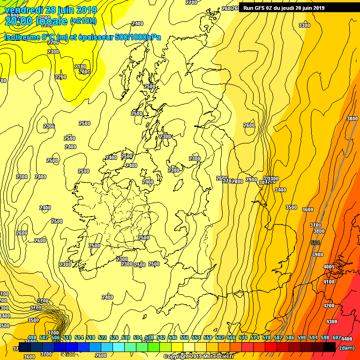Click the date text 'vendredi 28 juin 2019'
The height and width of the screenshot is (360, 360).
51,10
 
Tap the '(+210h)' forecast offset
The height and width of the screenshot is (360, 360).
83,21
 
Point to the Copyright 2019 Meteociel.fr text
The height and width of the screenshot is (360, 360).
198,356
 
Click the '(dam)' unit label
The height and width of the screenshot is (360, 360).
347,347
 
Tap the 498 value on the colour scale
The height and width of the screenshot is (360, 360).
32,337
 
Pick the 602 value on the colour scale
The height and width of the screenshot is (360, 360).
337,337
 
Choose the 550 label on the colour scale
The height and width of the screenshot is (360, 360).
184,337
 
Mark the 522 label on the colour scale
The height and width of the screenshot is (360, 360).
103,337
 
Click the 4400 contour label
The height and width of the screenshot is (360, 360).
346,339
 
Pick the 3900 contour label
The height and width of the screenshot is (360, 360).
318,255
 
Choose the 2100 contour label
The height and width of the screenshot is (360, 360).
80,67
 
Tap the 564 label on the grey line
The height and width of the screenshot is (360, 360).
315,243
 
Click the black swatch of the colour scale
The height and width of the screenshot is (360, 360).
329,347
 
